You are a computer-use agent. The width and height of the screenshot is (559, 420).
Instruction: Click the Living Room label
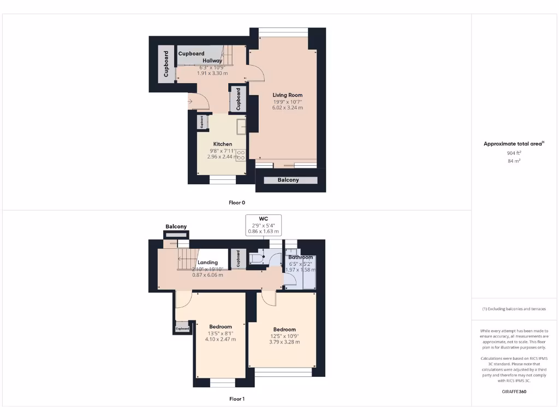[x=288, y=95]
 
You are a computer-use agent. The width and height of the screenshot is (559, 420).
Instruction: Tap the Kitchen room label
[x=222, y=144]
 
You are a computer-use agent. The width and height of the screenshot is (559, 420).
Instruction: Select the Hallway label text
[x=212, y=61]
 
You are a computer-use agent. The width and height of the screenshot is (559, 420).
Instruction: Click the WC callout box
[x=263, y=224]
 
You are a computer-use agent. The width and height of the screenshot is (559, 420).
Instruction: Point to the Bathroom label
[x=301, y=257]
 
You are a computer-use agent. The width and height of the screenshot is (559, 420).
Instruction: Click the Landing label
[x=207, y=262]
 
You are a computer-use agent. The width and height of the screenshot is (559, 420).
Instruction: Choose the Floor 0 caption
[x=236, y=202]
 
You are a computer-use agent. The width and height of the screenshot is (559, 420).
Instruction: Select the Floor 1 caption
[x=236, y=399]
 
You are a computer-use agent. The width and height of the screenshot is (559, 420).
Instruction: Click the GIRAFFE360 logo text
[x=514, y=392]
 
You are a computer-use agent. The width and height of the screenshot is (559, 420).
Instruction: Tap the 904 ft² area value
[x=514, y=154]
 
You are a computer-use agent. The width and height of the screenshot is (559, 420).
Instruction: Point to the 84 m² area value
[x=514, y=161]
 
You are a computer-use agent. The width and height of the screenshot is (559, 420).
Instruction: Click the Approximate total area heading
[x=513, y=144]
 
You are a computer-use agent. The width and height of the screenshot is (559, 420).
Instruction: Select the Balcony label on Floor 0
[x=288, y=180]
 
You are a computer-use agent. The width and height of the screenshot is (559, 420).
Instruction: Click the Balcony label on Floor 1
[x=176, y=226]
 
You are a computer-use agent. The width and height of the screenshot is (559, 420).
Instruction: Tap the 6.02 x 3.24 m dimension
[x=288, y=108]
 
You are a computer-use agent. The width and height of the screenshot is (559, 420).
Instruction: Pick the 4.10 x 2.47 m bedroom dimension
[x=220, y=339]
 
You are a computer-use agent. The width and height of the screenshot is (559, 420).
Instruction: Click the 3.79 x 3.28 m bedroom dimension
[x=284, y=342]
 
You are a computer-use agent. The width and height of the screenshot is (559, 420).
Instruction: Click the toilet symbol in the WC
[x=257, y=257]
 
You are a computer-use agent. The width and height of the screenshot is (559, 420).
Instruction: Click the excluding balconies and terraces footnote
[x=514, y=309]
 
